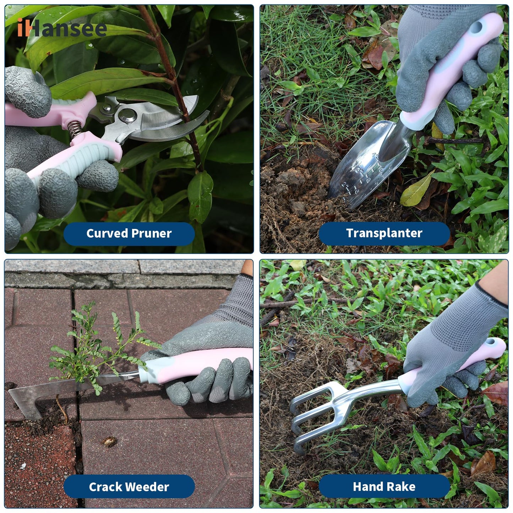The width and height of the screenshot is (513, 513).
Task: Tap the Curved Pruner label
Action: (129, 234)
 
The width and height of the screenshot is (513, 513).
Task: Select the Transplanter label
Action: (384, 233)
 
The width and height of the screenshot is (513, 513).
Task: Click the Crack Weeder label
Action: (129, 487)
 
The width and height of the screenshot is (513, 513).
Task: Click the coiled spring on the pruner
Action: (75, 129)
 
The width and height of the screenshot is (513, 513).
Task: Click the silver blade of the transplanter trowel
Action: (369, 165)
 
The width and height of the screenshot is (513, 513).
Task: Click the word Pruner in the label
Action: (151, 234)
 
